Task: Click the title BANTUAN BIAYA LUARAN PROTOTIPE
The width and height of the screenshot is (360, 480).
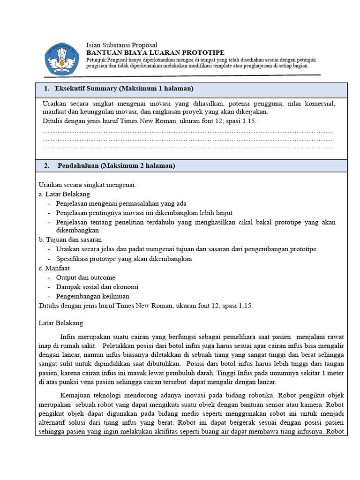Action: click(155, 52)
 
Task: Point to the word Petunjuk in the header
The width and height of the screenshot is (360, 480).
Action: click(96, 60)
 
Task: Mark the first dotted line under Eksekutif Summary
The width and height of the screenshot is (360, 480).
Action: click(187, 132)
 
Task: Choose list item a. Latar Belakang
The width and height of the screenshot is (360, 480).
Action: click(64, 194)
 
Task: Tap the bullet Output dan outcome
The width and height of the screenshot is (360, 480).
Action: click(85, 277)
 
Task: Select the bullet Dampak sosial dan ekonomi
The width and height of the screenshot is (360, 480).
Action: click(97, 287)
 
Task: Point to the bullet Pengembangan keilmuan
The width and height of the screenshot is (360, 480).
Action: click(92, 296)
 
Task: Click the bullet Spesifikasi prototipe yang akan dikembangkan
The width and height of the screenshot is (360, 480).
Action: click(124, 259)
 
